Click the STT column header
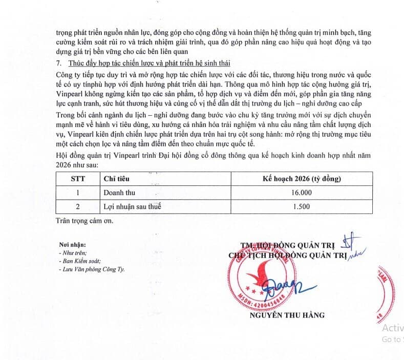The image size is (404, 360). (78, 179)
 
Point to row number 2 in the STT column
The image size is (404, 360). (78, 207)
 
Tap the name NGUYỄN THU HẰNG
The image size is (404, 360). (287, 315)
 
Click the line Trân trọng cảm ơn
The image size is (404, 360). (86, 221)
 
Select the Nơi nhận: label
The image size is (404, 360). (72, 245)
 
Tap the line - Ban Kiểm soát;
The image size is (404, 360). (79, 261)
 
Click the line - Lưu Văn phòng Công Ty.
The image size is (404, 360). (91, 269)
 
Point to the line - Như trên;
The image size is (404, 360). (73, 253)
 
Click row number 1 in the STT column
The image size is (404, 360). (78, 193)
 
